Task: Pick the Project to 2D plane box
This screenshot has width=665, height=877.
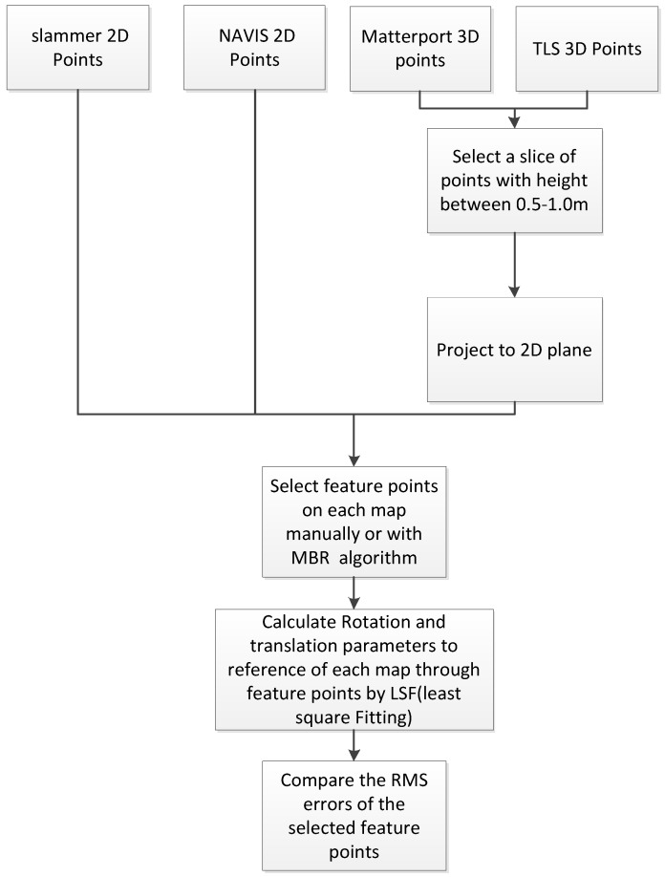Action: coord(516,349)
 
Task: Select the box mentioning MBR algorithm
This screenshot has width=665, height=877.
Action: coord(354,521)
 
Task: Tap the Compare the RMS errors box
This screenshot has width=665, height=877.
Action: coord(354,811)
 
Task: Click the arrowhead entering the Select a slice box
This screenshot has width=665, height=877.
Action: coord(516,122)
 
